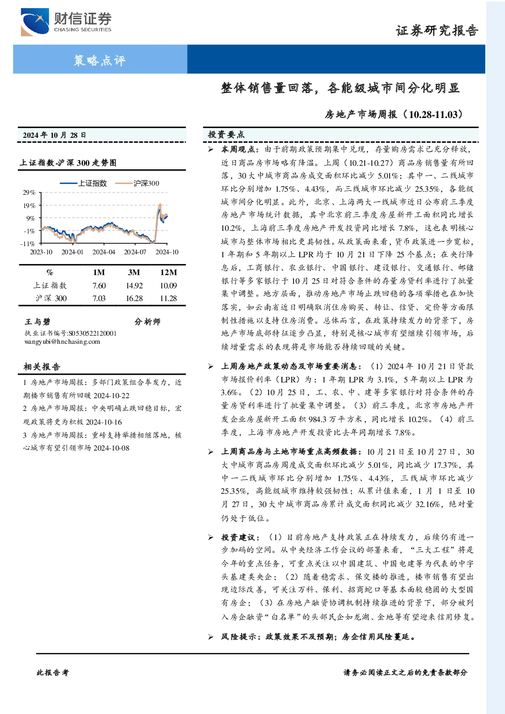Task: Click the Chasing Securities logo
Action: [x=66, y=22]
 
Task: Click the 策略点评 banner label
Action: [x=100, y=60]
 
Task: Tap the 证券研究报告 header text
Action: [x=437, y=31]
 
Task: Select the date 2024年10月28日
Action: [x=54, y=135]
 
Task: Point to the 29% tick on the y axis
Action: [x=28, y=193]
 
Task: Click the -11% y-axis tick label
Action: [x=28, y=244]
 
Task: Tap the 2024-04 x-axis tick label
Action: [x=104, y=252]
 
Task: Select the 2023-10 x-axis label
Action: [x=41, y=252]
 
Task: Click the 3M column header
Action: [x=134, y=273]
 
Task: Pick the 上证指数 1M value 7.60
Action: [x=99, y=286]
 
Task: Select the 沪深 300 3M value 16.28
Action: [x=134, y=299]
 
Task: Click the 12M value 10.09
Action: [x=168, y=286]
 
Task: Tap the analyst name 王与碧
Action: [x=37, y=321]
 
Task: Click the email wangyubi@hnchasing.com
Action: [x=62, y=342]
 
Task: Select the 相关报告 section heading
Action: [x=42, y=367]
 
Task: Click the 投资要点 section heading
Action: [x=226, y=135]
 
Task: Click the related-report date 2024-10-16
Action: [x=104, y=422]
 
